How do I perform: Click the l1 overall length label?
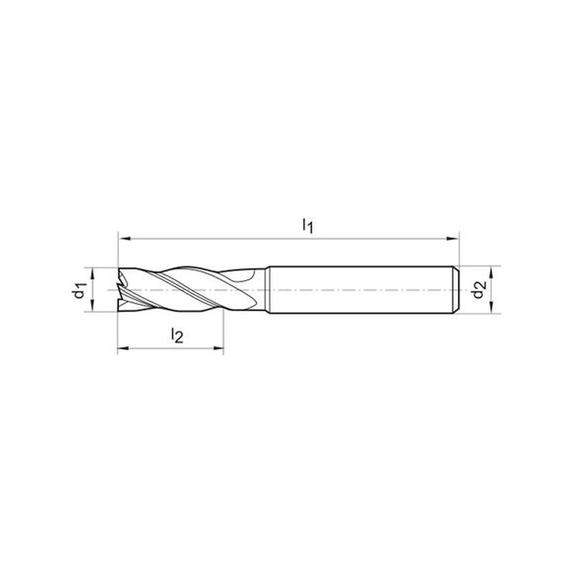coord(308,226)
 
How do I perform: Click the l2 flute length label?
coord(177,335)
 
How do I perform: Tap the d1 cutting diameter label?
coord(80,290)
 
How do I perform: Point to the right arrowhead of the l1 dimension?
coord(453,239)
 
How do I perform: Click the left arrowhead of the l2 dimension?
coord(123,348)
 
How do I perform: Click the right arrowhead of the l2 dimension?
coord(218,348)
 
